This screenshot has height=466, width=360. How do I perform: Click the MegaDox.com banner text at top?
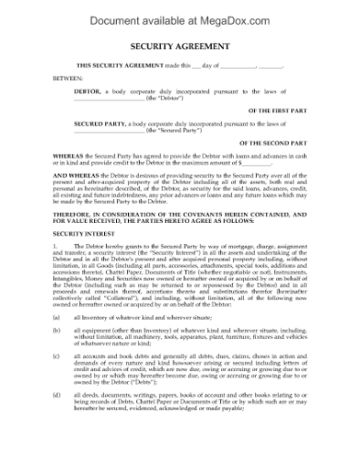click(179, 16)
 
